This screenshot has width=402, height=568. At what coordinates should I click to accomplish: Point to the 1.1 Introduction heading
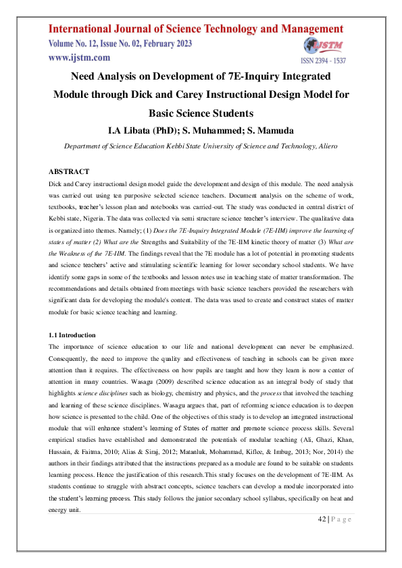click(x=72, y=335)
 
